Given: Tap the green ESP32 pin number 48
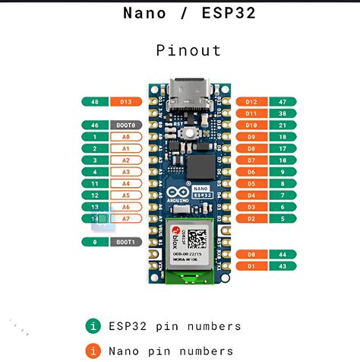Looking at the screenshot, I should click(95, 101).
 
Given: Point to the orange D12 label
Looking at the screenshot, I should click(251, 101).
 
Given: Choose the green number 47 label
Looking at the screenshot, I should click(282, 101).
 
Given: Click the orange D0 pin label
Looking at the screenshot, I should click(251, 254).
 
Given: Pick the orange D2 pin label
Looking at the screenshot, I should click(251, 218).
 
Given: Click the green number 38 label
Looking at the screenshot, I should click(282, 113).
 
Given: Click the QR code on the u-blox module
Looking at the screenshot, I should click(197, 238).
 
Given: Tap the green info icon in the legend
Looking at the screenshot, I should click(93, 326).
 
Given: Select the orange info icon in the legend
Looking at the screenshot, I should click(93, 351).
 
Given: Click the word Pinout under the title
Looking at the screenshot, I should click(188, 51).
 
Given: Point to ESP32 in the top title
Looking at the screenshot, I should click(226, 13).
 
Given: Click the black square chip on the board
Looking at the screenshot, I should click(200, 167).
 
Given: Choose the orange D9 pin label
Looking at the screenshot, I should click(251, 137).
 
